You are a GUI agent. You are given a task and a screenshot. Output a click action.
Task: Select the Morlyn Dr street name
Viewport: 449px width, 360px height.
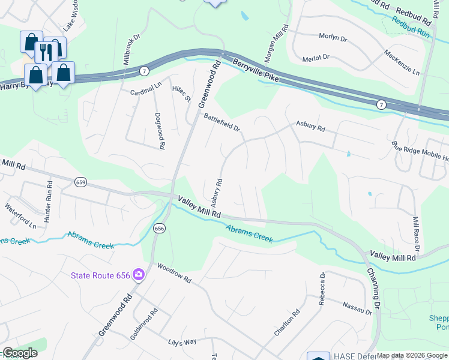click(333, 38)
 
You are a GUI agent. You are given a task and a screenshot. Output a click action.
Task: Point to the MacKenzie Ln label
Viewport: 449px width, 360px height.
click(402, 62)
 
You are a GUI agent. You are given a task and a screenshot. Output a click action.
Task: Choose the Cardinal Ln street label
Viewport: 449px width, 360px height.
click(146, 89)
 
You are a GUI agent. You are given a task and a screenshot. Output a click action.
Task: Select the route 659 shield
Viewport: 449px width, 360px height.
click(82, 181)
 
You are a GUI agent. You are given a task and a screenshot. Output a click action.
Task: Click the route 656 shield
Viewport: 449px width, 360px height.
click(158, 228)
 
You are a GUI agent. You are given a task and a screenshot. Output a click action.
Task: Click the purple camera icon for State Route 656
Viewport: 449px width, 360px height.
click(139, 275)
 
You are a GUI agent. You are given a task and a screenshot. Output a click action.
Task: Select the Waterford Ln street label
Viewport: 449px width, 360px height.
click(20, 216)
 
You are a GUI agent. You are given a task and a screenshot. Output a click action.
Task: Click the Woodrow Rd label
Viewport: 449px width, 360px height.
click(174, 272)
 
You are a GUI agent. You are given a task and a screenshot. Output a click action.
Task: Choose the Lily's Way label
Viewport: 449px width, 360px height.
click(182, 341)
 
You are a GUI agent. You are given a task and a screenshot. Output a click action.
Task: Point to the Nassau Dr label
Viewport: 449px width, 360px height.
click(357, 308)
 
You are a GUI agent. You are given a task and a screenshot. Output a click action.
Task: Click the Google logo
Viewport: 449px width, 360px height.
click(20, 353)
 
